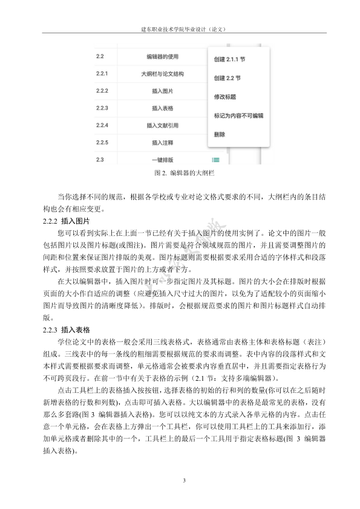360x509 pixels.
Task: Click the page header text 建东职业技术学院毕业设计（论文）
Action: (x=180, y=28)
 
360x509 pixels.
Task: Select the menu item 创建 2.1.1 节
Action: (x=229, y=60)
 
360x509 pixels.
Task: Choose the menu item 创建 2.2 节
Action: (x=227, y=79)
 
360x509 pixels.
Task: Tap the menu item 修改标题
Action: (x=224, y=97)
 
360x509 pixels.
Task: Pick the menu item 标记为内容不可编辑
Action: (x=238, y=115)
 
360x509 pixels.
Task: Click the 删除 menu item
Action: (x=220, y=134)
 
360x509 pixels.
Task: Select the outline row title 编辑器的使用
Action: (x=163, y=57)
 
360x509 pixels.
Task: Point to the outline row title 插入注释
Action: (x=163, y=143)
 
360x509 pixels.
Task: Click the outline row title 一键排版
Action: (x=163, y=160)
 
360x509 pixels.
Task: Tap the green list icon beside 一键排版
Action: (x=216, y=160)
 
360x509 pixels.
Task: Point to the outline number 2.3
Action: (x=100, y=160)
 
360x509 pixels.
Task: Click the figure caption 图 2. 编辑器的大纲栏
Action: (x=180, y=173)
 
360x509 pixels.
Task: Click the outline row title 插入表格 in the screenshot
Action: (x=163, y=108)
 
